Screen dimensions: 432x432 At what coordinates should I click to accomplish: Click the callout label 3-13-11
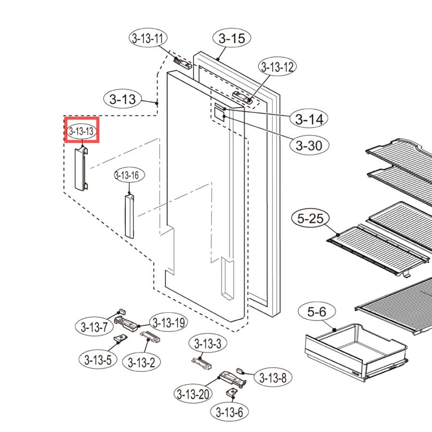coord(148,38)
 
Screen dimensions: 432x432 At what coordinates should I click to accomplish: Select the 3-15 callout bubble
coord(232,38)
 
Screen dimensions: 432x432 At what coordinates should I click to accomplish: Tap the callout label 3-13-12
coord(277,67)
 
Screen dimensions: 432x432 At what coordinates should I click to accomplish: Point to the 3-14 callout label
coord(309,119)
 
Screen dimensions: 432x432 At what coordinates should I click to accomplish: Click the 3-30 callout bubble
coord(309,145)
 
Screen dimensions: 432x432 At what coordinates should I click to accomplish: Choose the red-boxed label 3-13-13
coord(82,131)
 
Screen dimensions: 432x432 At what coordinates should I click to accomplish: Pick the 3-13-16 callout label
coord(129,175)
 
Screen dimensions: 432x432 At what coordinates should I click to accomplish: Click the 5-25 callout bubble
coord(310,218)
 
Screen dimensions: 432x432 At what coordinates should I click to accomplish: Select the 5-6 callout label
coord(317,312)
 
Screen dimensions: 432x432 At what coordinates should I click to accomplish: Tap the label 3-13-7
coord(94,327)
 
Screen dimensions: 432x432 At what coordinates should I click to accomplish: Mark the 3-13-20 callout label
coord(193,394)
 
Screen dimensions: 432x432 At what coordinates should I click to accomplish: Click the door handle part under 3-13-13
coord(81,168)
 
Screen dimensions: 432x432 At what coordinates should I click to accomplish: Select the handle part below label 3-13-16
coord(130,216)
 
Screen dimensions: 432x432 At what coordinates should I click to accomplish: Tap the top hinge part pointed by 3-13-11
coord(183,63)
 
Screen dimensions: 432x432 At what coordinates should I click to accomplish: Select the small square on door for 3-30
coord(219,114)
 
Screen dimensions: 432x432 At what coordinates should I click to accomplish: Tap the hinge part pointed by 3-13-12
coord(242,97)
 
